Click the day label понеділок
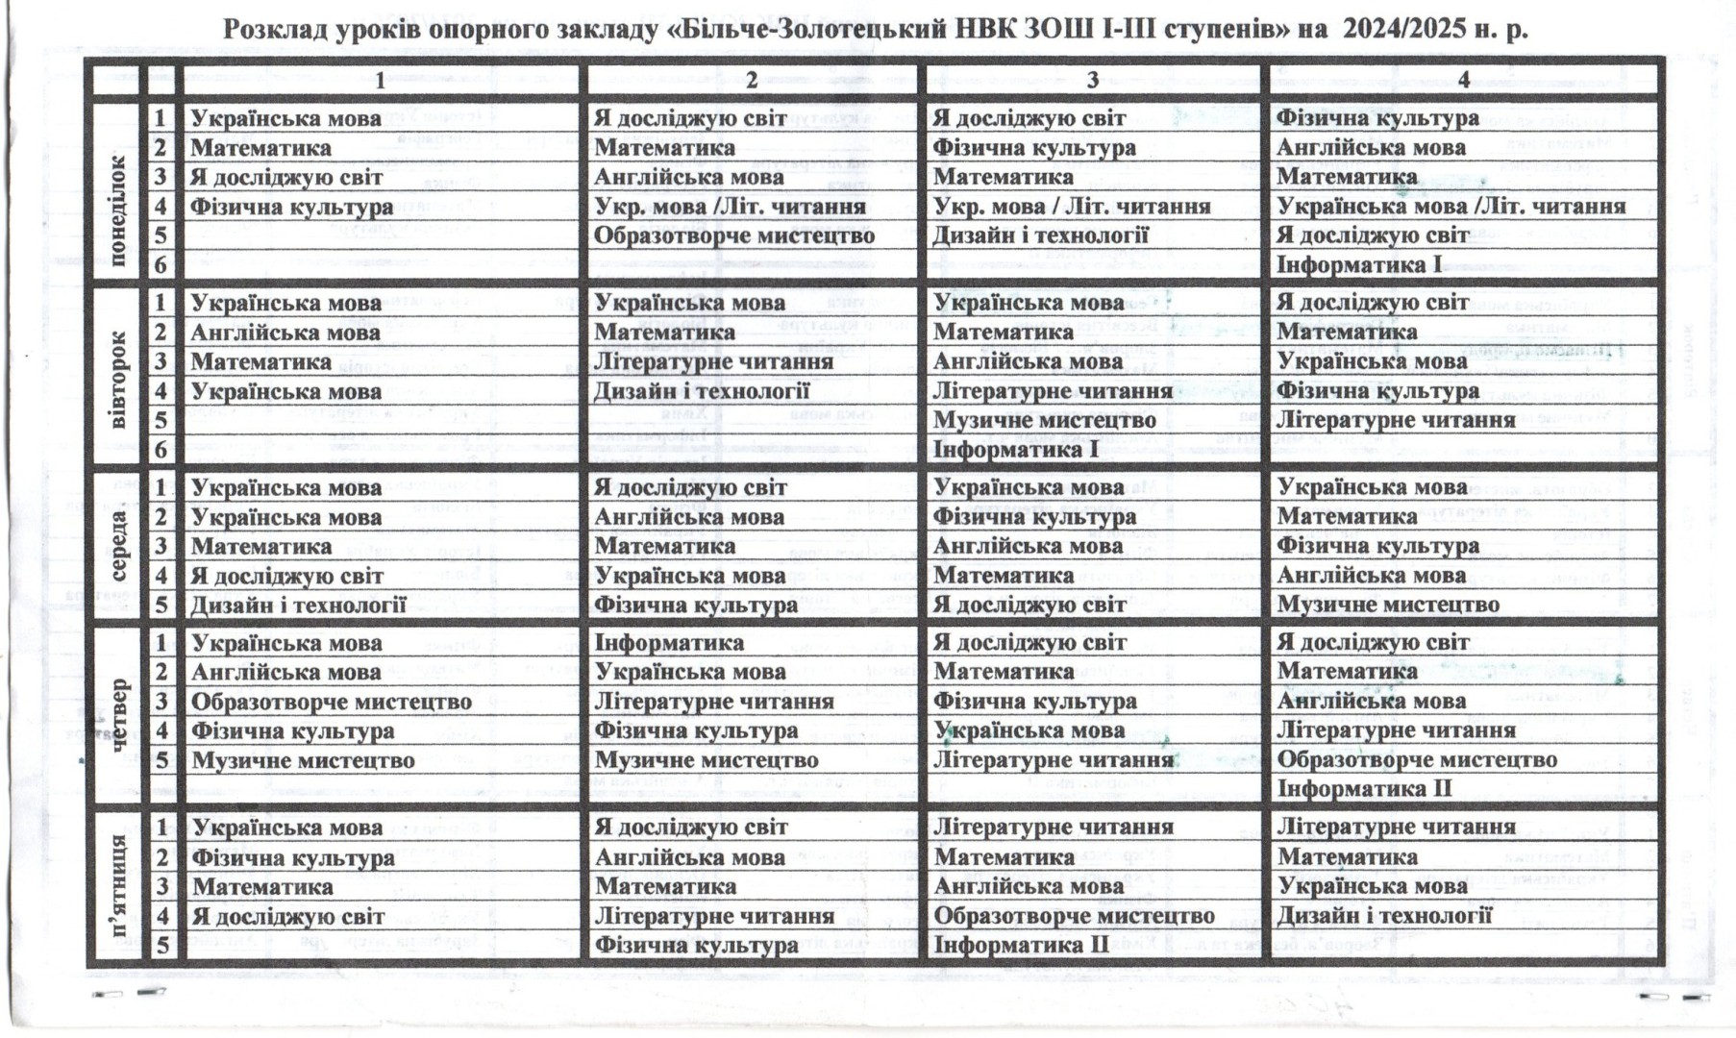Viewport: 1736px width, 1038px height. pyautogui.click(x=117, y=210)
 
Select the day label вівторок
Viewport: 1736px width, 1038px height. pyautogui.click(x=117, y=380)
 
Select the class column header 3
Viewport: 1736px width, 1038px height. pyautogui.click(x=1092, y=81)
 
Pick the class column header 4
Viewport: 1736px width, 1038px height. pyautogui.click(x=1463, y=81)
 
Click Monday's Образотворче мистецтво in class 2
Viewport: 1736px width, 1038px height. pyautogui.click(x=733, y=235)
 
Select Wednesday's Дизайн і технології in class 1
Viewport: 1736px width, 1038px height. pyautogui.click(x=298, y=605)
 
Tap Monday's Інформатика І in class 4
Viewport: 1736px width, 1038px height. pyautogui.click(x=1359, y=264)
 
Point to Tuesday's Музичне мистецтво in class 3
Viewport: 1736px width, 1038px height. pyautogui.click(x=1044, y=420)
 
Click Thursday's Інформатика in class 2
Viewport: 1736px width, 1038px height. pyautogui.click(x=669, y=642)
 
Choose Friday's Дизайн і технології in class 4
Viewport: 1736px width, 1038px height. pyautogui.click(x=1384, y=916)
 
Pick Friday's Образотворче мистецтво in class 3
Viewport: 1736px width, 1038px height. pyautogui.click(x=1074, y=916)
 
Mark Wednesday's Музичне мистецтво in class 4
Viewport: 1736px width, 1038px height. pyautogui.click(x=1388, y=605)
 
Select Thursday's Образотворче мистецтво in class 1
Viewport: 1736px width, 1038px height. pyautogui.click(x=331, y=702)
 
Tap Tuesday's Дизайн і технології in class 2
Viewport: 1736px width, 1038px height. pyautogui.click(x=702, y=391)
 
